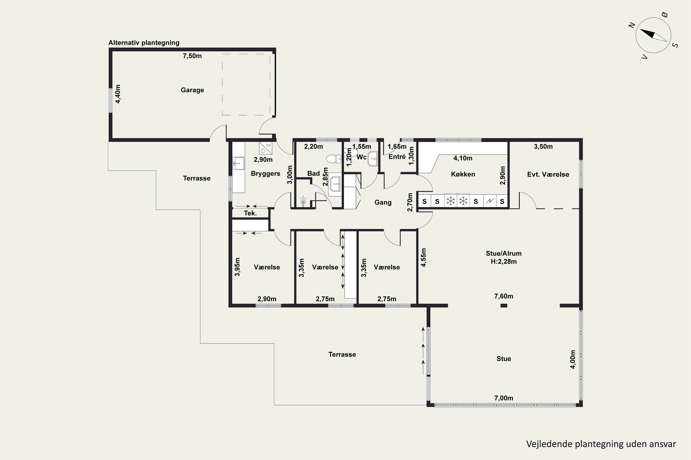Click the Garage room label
point(192,90)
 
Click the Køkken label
point(463,174)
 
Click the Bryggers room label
point(265,174)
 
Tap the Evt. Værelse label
point(548,175)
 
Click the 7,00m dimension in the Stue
point(504,398)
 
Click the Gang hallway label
point(383,202)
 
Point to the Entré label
point(397,157)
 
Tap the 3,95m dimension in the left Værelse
point(237,267)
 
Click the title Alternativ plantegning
point(144,43)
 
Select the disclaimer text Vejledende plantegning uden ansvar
point(601,444)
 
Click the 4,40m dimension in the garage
point(117,94)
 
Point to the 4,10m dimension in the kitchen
point(463,158)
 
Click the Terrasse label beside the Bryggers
point(196,178)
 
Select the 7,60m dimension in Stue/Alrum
point(504,296)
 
